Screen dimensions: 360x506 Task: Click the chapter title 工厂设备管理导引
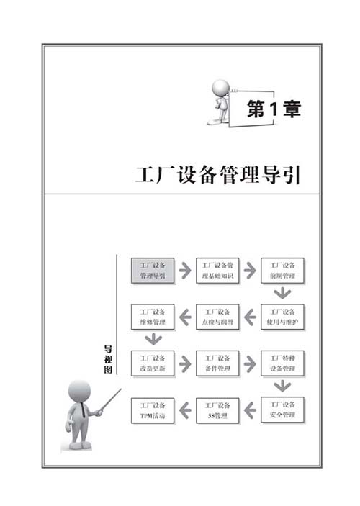(218, 175)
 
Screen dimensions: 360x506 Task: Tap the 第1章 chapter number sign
(274, 109)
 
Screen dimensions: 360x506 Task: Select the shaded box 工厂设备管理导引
(153, 271)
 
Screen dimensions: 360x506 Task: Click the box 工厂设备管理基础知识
(217, 271)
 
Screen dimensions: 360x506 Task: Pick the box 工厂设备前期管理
(282, 271)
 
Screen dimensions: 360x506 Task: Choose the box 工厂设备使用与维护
(282, 317)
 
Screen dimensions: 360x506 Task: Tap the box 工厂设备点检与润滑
(217, 317)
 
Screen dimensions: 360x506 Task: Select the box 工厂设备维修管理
(153, 317)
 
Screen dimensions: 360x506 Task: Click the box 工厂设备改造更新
(153, 363)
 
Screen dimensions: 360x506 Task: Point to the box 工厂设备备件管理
(217, 363)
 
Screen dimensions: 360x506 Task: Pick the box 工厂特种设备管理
(282, 363)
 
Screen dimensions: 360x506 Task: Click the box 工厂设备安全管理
(282, 410)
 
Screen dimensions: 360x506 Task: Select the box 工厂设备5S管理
(217, 410)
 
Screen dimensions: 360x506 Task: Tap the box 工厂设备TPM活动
(153, 410)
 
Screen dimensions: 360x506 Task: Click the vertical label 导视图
(108, 359)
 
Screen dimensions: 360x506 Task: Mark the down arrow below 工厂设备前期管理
(282, 294)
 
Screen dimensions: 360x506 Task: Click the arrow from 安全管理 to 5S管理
(250, 410)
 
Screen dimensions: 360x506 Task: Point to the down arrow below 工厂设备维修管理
(153, 340)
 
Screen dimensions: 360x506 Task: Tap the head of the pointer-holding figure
(79, 391)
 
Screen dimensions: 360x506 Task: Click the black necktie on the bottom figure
(84, 410)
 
